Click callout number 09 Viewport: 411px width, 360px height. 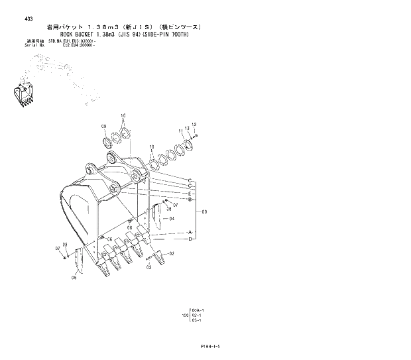[x=104, y=126]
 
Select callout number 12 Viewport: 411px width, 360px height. [x=194, y=125]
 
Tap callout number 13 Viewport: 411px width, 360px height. [x=188, y=128]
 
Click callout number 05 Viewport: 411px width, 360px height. [x=74, y=278]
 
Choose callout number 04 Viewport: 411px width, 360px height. [x=172, y=218]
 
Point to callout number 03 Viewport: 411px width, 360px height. [x=148, y=267]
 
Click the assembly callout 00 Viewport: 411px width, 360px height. [x=205, y=212]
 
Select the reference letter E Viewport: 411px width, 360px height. [x=190, y=193]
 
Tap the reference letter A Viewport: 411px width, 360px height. [x=190, y=232]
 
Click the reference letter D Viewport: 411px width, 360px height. [x=190, y=239]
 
